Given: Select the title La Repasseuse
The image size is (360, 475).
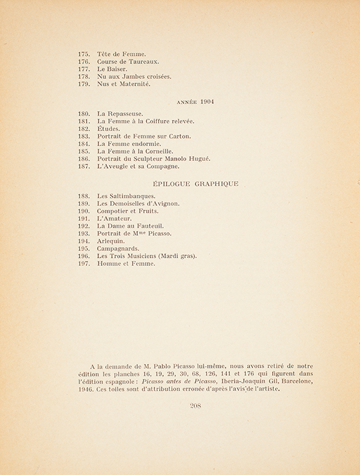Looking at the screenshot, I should coord(120,113).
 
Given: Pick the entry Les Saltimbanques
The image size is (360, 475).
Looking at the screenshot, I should coord(126,195).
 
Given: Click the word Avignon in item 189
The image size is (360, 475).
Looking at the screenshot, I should coord(163,203).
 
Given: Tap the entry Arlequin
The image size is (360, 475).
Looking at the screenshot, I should coord(111,242).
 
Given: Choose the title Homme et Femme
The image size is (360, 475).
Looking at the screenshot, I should coord(125,264).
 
